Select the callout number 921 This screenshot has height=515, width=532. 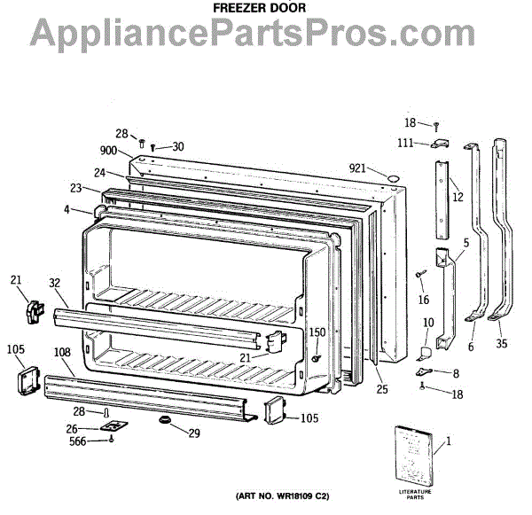[x=356, y=168]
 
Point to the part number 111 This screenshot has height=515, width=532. [x=405, y=144]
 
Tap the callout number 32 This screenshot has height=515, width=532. [x=54, y=284]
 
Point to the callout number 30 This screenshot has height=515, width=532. [x=177, y=146]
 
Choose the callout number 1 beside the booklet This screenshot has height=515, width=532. [x=448, y=440]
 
